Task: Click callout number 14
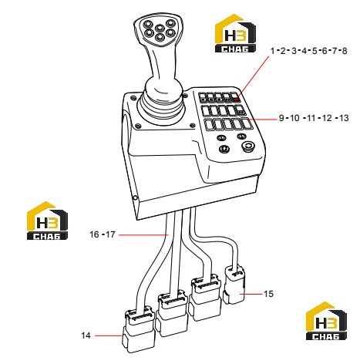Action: point(86,335)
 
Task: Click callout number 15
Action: point(269,294)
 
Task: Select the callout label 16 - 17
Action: point(103,234)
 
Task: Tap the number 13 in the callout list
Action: point(344,118)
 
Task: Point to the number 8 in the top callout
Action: point(345,51)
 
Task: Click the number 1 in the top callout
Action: point(273,51)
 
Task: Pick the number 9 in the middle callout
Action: point(281,118)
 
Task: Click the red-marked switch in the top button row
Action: point(235,97)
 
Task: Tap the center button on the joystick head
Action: point(160,28)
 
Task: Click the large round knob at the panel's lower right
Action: point(248,147)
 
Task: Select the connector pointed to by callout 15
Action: point(234,285)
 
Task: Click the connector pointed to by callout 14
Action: point(138,330)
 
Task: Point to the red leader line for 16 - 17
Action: point(143,234)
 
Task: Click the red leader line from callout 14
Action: point(108,335)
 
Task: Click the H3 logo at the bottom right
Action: point(326,321)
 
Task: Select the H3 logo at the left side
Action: point(47,221)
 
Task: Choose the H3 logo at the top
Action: point(235,33)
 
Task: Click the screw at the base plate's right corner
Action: point(192,125)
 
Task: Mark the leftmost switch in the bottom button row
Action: point(210,125)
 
